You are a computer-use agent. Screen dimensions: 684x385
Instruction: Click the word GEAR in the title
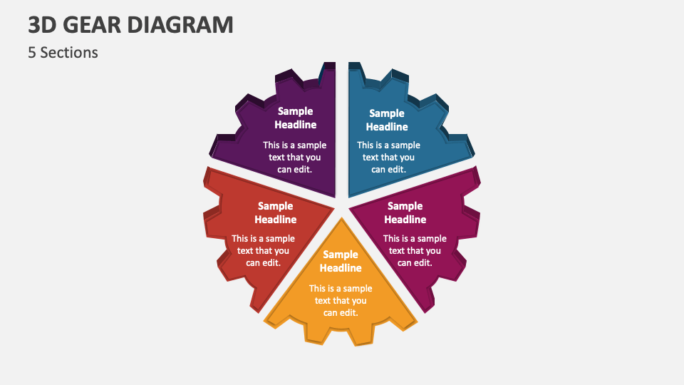click(x=93, y=25)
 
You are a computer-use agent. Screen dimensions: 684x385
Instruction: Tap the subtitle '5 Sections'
click(x=63, y=53)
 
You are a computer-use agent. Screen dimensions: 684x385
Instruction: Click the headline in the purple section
click(x=296, y=118)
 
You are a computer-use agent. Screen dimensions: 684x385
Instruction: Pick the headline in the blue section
click(x=387, y=120)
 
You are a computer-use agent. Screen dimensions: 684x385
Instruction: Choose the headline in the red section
click(x=276, y=212)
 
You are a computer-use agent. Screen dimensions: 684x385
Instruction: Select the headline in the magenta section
click(x=405, y=212)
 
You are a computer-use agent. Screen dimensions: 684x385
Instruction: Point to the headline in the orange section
click(x=341, y=261)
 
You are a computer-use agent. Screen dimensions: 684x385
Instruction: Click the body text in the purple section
click(x=294, y=157)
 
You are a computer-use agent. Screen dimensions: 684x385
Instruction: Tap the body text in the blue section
click(x=388, y=157)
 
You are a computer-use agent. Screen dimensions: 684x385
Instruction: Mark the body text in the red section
click(x=263, y=250)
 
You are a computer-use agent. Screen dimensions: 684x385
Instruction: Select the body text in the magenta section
click(x=415, y=250)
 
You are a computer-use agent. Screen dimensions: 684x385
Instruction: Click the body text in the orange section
click(x=341, y=300)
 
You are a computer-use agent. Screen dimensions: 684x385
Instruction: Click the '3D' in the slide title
click(x=43, y=25)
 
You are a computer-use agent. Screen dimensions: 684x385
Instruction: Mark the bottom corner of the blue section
click(x=350, y=195)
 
